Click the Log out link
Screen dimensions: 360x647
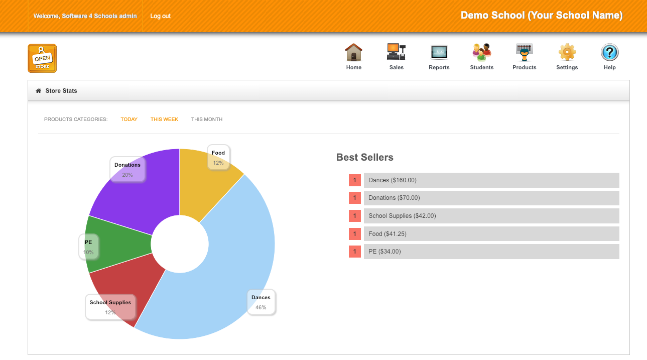pos(160,16)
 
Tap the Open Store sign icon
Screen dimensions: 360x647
pos(42,58)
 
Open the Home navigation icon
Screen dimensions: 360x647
pos(354,52)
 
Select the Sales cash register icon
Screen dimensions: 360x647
pos(396,52)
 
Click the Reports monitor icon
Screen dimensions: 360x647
pos(439,52)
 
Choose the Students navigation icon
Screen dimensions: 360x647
pos(481,52)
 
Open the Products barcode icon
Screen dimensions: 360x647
pos(524,52)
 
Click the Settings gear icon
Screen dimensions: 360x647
pos(567,52)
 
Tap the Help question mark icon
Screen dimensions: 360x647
pos(609,52)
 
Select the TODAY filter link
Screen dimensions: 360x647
pos(129,119)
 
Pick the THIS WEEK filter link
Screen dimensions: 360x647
pos(164,119)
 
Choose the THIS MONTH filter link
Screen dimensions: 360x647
pos(207,119)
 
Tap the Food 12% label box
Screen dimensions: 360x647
pos(218,157)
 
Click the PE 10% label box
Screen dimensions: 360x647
pos(88,247)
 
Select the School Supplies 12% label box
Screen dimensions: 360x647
pos(110,307)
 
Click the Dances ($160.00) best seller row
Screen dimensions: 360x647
pos(491,180)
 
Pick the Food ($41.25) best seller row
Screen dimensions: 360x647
pos(491,234)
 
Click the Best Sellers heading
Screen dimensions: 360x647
pos(365,158)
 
